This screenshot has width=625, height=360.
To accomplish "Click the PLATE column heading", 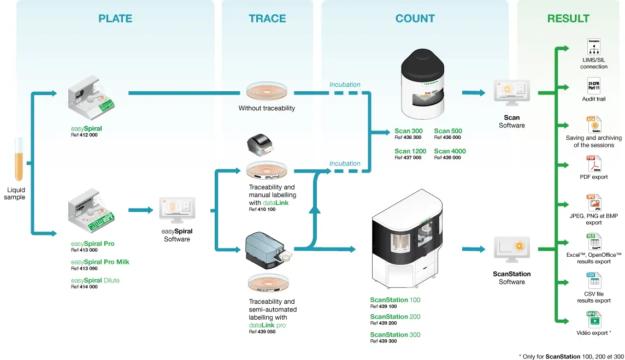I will (x=115, y=19).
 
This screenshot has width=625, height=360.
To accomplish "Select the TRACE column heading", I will (x=267, y=19).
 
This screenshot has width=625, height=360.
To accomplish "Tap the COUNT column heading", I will (x=415, y=19).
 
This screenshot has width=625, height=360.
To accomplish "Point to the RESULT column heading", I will (x=568, y=19).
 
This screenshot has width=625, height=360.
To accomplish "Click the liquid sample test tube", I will (x=19, y=159).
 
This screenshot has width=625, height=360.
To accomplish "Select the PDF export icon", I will (x=593, y=163).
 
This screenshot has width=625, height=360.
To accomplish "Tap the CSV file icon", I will (x=593, y=280).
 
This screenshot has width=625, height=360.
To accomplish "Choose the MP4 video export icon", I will (x=593, y=319).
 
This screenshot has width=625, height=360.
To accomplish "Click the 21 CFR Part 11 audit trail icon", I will (x=593, y=86).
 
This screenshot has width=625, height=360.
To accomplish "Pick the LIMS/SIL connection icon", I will (x=594, y=46).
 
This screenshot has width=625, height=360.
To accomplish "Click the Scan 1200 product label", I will (x=410, y=151).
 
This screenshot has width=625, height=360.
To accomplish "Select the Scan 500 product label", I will (x=448, y=131).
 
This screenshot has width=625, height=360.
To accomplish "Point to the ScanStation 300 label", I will (x=395, y=334).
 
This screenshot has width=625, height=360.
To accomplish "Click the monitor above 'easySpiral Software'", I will (x=177, y=211).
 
